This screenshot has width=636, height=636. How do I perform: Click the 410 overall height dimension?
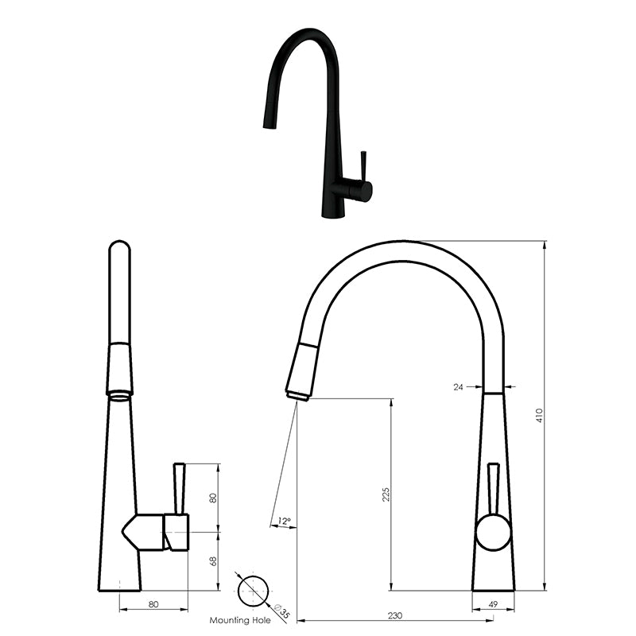click(539, 415)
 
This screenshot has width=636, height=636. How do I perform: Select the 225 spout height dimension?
click(385, 494)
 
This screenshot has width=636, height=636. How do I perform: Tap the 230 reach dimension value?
click(396, 615)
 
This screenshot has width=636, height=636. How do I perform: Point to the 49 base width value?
click(493, 605)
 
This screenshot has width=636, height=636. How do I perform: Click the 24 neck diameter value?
click(458, 387)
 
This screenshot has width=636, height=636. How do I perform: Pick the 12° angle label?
click(283, 522)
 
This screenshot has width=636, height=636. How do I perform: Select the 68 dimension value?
click(213, 561)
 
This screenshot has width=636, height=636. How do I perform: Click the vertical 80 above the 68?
click(213, 498)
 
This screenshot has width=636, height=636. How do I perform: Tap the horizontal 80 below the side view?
click(153, 605)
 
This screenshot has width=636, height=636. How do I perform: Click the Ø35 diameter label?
click(281, 612)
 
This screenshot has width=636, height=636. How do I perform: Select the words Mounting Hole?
click(239, 620)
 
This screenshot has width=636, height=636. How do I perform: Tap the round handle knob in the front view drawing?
click(493, 532)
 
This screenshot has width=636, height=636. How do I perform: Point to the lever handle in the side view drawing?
click(179, 489)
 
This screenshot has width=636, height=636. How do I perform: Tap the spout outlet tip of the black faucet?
click(266, 126)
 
